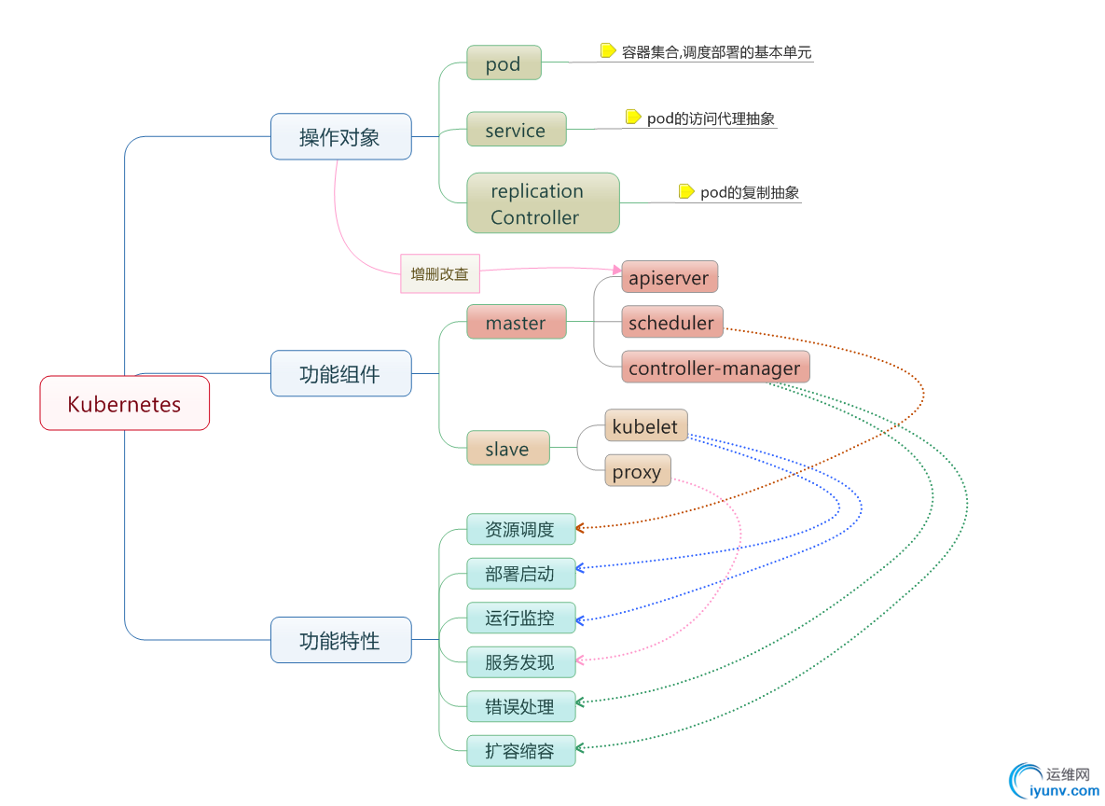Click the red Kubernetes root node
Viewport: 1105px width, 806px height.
[124, 403]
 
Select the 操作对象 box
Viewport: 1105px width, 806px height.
[340, 136]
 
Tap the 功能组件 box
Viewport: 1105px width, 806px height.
[340, 373]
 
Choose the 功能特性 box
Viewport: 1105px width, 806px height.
[340, 640]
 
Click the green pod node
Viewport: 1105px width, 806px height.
[504, 64]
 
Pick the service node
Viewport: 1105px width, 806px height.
[516, 130]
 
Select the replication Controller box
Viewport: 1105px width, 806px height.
[543, 203]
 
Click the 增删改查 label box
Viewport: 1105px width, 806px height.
[440, 273]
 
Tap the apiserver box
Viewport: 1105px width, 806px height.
[669, 277]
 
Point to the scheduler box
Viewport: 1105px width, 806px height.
[671, 322]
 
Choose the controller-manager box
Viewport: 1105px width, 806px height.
[714, 367]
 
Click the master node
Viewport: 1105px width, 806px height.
[516, 322]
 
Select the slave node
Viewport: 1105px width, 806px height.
[507, 448]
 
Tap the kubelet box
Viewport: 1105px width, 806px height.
[646, 426]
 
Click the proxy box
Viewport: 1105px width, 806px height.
[637, 471]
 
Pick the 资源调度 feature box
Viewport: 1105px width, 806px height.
[520, 529]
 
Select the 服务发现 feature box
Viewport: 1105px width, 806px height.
[520, 661]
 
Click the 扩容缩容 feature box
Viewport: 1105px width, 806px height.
[520, 750]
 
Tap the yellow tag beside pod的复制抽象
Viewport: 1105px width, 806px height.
[686, 191]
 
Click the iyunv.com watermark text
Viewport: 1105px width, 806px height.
[1063, 791]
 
